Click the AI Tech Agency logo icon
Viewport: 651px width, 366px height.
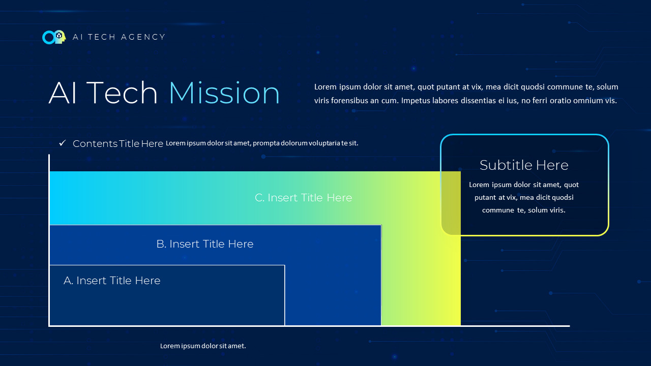click(x=54, y=37)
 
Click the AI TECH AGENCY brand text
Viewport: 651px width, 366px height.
click(x=119, y=37)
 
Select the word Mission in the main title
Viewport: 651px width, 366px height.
click(x=224, y=94)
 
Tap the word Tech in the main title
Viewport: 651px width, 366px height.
click(x=122, y=94)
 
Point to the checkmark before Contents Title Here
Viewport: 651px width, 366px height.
click(x=63, y=143)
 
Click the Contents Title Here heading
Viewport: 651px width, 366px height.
click(x=118, y=144)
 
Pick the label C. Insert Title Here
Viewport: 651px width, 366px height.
click(x=303, y=198)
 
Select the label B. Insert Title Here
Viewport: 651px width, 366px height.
click(x=204, y=244)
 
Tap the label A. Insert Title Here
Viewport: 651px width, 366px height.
click(x=112, y=281)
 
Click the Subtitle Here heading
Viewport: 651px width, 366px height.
click(x=524, y=165)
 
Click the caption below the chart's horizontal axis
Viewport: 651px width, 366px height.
click(x=203, y=346)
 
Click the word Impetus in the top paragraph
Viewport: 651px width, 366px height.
click(x=416, y=101)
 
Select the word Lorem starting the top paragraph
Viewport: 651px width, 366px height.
click(x=325, y=87)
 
